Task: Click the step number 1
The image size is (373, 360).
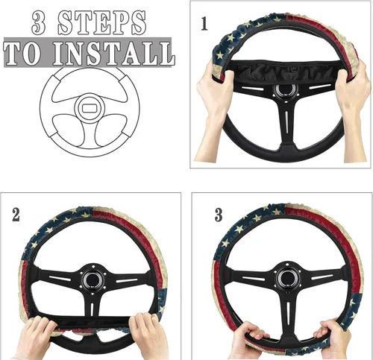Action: point(204,24)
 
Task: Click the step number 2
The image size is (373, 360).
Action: point(16,215)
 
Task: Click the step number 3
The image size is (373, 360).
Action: point(219,215)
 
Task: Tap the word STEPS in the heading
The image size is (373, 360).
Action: point(102,23)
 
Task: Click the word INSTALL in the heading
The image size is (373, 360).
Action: point(114,54)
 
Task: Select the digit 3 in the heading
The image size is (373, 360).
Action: point(39,23)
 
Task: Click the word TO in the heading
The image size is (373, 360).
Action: point(22,54)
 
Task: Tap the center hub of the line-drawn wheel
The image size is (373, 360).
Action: point(90,108)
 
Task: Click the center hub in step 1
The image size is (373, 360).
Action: point(285,91)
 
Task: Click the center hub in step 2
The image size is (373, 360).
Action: point(93,280)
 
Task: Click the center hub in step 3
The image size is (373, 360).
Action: point(287,277)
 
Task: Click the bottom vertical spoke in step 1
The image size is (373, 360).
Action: point(286,124)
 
